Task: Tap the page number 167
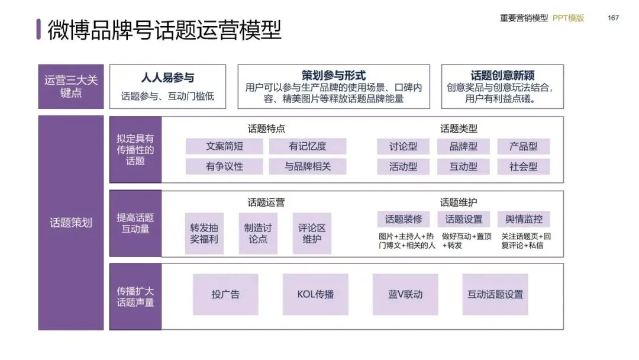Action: (613, 18)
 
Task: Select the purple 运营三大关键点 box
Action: (71, 86)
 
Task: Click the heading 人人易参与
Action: (167, 78)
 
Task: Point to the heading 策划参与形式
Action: (334, 75)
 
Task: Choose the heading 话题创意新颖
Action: (502, 75)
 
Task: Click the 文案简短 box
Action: (224, 146)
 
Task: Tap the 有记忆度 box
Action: (308, 146)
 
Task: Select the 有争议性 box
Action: (224, 166)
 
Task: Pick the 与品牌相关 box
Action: (308, 166)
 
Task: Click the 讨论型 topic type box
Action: (404, 146)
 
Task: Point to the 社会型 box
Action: (524, 166)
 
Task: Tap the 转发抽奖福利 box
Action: (204, 233)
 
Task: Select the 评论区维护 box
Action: (312, 233)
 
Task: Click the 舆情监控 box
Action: (524, 219)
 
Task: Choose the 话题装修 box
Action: (404, 219)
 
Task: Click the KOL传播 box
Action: (315, 294)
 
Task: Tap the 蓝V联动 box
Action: (405, 294)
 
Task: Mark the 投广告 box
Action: (225, 294)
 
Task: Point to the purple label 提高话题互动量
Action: (135, 223)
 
